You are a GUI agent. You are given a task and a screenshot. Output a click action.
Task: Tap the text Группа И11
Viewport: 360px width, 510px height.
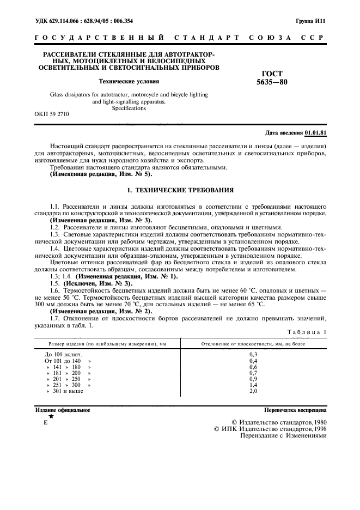point(310,21)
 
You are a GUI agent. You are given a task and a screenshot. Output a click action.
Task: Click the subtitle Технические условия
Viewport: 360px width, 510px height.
point(129,81)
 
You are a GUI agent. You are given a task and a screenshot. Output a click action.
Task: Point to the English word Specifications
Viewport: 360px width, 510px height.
point(129,108)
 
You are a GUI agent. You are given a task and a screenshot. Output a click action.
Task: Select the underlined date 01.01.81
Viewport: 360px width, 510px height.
point(315,133)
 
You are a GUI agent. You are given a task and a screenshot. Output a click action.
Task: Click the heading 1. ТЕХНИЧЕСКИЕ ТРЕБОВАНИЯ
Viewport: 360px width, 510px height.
point(180,191)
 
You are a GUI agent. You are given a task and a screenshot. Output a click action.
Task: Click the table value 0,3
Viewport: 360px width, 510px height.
point(253,354)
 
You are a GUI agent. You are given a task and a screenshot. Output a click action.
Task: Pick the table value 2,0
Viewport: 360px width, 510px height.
point(253,391)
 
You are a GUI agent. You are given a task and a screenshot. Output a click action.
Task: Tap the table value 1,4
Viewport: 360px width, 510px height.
point(253,385)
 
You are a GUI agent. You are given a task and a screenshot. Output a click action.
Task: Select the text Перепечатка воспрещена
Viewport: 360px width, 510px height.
point(295,410)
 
